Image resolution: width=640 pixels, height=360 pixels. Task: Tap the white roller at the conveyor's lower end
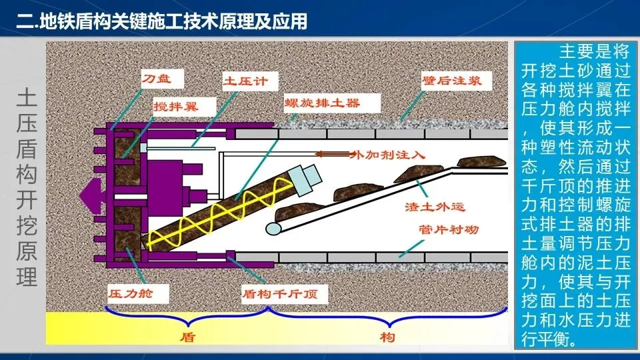(x=273, y=228)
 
